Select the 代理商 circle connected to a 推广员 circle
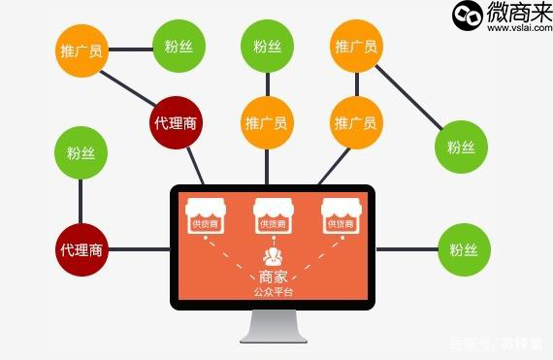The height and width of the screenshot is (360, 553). [x=178, y=122]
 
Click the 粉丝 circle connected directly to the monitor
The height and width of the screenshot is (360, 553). [x=463, y=249]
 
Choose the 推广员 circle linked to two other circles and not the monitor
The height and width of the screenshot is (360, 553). [x=356, y=46]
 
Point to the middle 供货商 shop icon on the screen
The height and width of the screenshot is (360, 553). [x=272, y=215]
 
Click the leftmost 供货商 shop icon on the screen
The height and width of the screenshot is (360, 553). [x=204, y=215]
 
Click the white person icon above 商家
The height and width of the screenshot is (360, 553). [x=272, y=258]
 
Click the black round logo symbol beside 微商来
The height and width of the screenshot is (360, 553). [x=467, y=15]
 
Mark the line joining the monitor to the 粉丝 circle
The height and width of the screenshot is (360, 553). [x=407, y=249]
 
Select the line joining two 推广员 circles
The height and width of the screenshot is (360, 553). [x=356, y=84]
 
